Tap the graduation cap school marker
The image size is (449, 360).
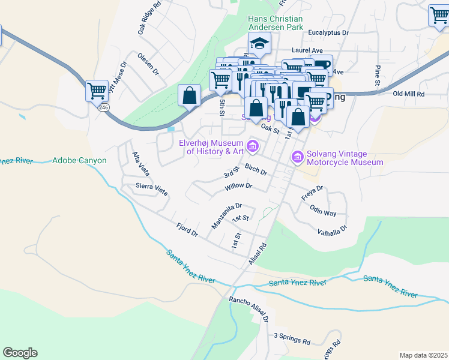click(x=260, y=44)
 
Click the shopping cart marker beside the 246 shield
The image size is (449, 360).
click(x=97, y=91)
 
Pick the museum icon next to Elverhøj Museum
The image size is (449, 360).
click(x=253, y=145)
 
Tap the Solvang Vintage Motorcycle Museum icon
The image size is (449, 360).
click(x=297, y=157)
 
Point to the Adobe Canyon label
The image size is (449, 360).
click(x=79, y=161)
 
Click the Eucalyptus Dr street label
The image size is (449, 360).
click(x=328, y=34)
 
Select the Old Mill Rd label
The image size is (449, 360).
click(x=408, y=94)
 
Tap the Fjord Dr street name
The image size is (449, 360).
click(x=187, y=230)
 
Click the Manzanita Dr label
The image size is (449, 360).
click(x=226, y=216)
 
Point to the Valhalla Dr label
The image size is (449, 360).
click(x=333, y=229)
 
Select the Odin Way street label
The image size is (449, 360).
click(x=323, y=211)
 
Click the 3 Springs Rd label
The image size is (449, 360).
click(x=292, y=339)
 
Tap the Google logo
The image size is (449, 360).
click(x=20, y=353)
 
